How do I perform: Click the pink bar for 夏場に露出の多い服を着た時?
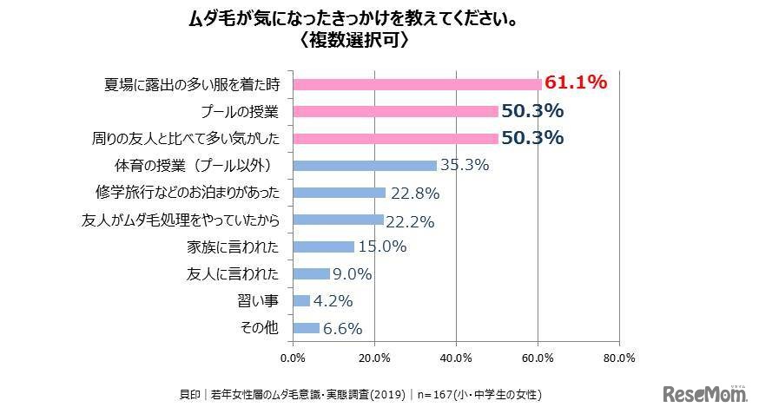pyautogui.click(x=417, y=84)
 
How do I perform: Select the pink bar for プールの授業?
pyautogui.click(x=395, y=111)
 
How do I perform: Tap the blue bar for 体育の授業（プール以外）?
pyautogui.click(x=365, y=165)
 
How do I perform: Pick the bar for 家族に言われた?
pyautogui.click(x=324, y=246)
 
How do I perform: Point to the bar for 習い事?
pyautogui.click(x=301, y=300)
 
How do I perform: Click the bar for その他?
pyautogui.click(x=307, y=328)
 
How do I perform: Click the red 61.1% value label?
pyautogui.click(x=574, y=83)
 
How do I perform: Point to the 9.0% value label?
pyautogui.click(x=352, y=273)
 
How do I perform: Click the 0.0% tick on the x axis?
pyautogui.click(x=294, y=357)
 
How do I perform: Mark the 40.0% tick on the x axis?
pyautogui.click(x=456, y=357)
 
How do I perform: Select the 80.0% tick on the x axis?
pyautogui.click(x=619, y=357)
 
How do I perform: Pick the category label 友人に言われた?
pyautogui.click(x=233, y=273)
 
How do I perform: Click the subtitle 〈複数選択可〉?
pyautogui.click(x=352, y=41)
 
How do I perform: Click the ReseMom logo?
pyautogui.click(x=704, y=395)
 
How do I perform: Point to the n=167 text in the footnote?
pyautogui.click(x=439, y=395)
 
